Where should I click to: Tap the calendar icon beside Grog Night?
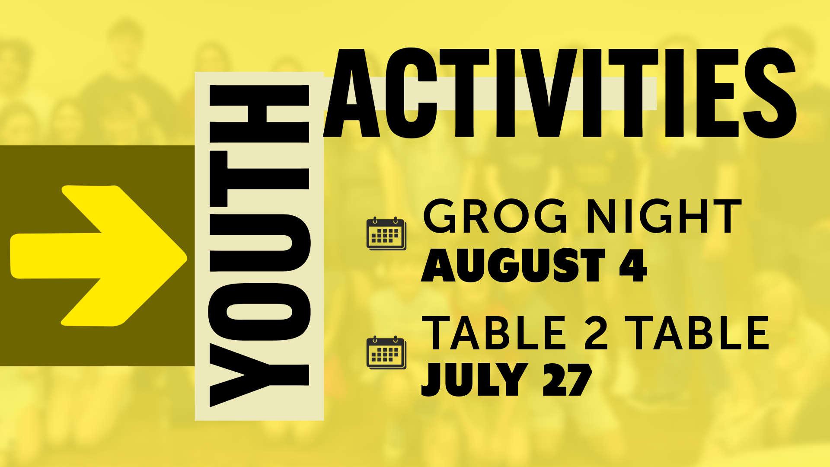pos(386,233)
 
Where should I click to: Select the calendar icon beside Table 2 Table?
pos(386,352)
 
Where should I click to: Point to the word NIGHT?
pos(664,216)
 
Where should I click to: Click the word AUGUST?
pos(513,265)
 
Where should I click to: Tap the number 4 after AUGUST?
pos(633,265)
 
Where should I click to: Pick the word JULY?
pos(474,379)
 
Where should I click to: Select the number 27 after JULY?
pos(567,379)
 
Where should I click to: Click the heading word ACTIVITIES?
pos(560,93)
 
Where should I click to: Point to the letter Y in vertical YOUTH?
pos(259,375)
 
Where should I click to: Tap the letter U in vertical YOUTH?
pos(259,243)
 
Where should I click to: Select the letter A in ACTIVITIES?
pos(352,93)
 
